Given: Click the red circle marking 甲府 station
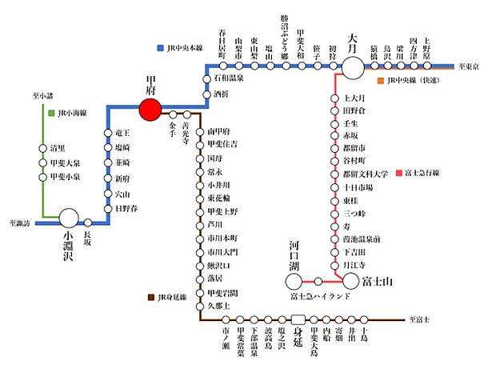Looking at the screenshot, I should tap(150, 110).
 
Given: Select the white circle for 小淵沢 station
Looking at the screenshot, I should tap(69, 217).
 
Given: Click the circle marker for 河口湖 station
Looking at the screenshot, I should tap(295, 280).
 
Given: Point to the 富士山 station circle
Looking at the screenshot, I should tap(350, 280).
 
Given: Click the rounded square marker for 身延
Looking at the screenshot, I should tap(298, 319).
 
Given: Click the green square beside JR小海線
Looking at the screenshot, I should tap(51, 114).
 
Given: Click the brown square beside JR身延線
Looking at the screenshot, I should tap(152, 297).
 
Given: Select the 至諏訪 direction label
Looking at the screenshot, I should tap(20, 223).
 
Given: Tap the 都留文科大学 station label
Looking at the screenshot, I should tap(366, 174).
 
